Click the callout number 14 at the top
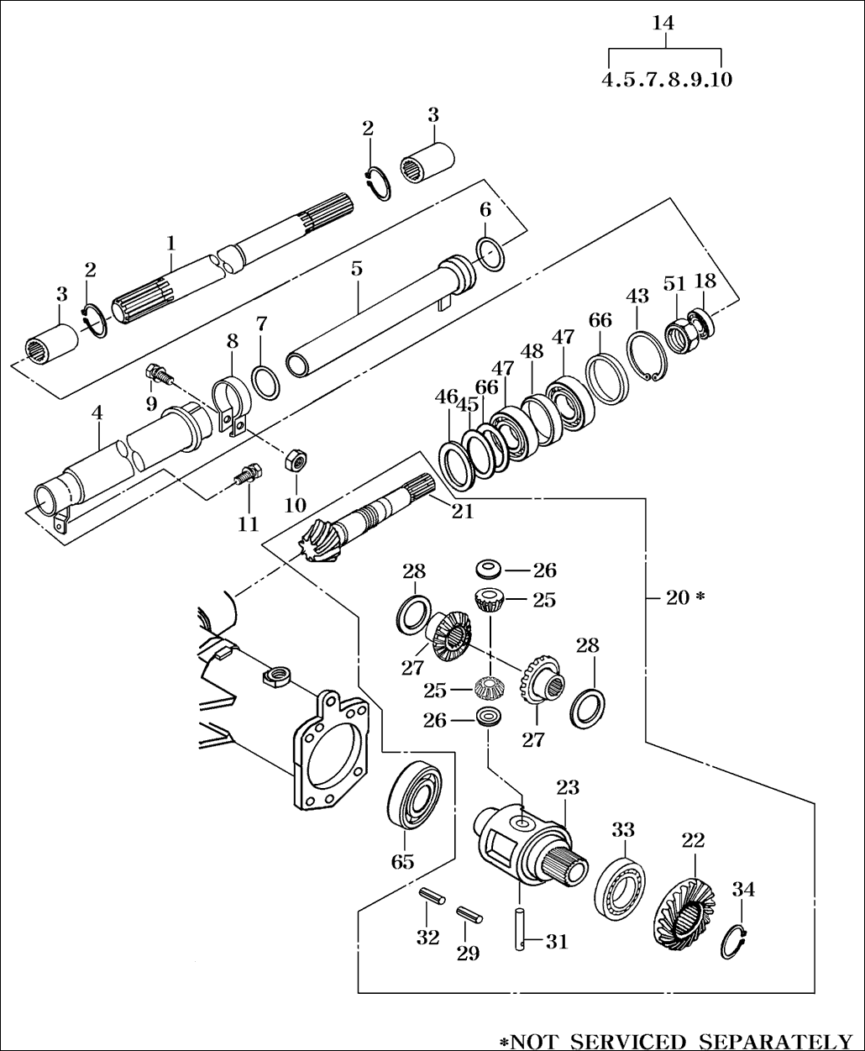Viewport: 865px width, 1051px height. tap(663, 23)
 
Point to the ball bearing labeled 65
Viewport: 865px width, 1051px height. tap(415, 795)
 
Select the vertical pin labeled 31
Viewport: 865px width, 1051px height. tap(520, 930)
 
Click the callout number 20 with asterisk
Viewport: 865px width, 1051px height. tap(685, 597)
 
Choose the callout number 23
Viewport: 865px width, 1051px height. tap(568, 787)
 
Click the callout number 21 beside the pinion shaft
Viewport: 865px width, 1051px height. tap(463, 511)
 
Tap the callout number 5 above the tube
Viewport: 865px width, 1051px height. tap(357, 269)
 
